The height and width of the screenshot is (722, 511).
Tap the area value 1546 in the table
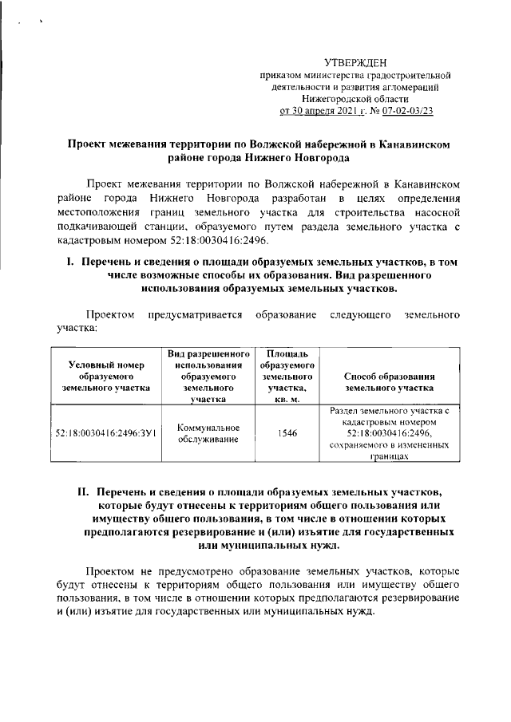click(285, 433)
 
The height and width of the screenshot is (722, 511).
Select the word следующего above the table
click(363, 314)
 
